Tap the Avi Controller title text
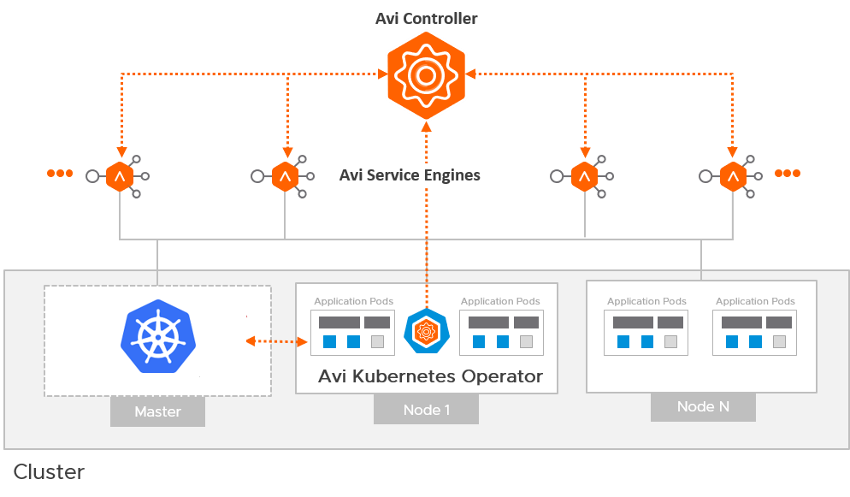pyautogui.click(x=427, y=18)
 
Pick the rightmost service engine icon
pyautogui.click(x=733, y=176)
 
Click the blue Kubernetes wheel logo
pyautogui.click(x=158, y=335)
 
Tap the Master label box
pyautogui.click(x=158, y=411)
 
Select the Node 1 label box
pyautogui.click(x=426, y=410)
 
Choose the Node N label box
pyautogui.click(x=703, y=406)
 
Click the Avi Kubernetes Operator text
pyautogui.click(x=430, y=376)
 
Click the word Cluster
pyautogui.click(x=49, y=471)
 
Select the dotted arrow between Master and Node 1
pyautogui.click(x=276, y=342)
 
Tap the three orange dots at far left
pyautogui.click(x=60, y=174)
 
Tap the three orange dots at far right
pyautogui.click(x=788, y=174)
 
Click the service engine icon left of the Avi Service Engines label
pyautogui.click(x=284, y=176)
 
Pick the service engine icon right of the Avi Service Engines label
pyautogui.click(x=585, y=176)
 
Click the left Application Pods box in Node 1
pyautogui.click(x=353, y=332)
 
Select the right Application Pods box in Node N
pyautogui.click(x=755, y=332)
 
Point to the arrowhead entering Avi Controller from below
pyautogui.click(x=425, y=127)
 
